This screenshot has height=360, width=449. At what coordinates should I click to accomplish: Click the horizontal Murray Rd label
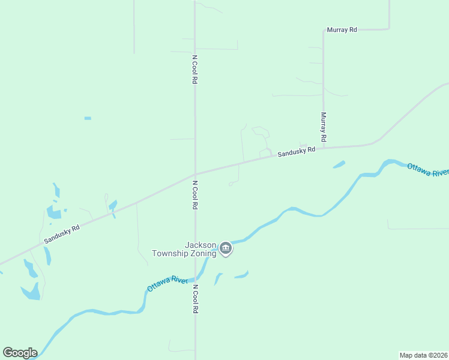click(342, 29)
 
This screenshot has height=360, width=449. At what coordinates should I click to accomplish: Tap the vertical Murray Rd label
click(323, 127)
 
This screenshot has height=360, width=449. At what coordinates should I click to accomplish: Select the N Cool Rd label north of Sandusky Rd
click(195, 70)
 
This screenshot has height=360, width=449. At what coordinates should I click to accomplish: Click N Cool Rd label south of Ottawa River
click(195, 299)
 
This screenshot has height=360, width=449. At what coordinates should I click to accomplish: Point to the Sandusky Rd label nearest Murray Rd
click(296, 152)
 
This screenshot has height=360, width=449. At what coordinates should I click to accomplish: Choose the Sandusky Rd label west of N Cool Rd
click(62, 234)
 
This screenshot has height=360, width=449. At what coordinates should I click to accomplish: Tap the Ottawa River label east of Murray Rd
click(427, 169)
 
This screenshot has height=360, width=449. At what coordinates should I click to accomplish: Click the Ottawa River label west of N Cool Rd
click(167, 284)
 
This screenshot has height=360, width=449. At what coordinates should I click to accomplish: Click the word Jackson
click(200, 245)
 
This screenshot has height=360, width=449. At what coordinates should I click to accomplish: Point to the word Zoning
click(203, 253)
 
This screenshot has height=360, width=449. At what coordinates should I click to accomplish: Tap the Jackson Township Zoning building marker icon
click(225, 248)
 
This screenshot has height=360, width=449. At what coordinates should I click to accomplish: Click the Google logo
click(20, 353)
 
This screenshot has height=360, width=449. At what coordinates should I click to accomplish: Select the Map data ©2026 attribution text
click(424, 355)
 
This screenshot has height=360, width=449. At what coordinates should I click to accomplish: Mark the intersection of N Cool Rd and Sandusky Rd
click(195, 174)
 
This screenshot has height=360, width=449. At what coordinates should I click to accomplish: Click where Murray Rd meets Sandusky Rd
click(324, 147)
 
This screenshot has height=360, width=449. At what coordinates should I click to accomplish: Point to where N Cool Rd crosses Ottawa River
click(195, 280)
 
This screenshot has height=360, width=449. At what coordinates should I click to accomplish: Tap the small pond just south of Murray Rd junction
click(339, 164)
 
